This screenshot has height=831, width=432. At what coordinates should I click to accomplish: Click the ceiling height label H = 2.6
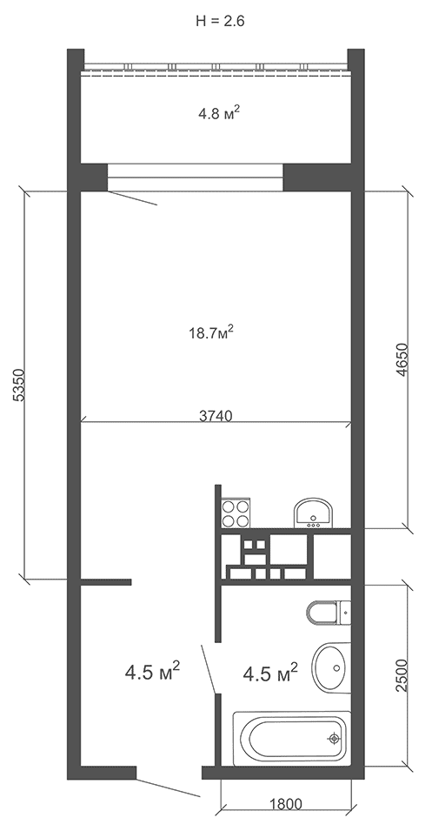[220, 21]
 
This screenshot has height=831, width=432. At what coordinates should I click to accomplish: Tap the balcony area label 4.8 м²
[220, 113]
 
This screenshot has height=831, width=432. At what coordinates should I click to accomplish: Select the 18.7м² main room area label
[212, 332]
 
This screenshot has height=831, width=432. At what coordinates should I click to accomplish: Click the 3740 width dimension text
[216, 416]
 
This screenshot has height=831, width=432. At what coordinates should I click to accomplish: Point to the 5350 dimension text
[18, 385]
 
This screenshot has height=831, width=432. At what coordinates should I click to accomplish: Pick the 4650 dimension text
[402, 360]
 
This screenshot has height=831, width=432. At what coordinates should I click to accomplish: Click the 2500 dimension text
[402, 675]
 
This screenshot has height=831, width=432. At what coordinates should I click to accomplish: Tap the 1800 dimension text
[286, 804]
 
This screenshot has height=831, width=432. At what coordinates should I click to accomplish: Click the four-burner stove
[236, 513]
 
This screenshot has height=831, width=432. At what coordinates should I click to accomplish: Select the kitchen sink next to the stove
[313, 513]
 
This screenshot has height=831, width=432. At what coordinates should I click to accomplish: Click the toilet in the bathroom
[329, 613]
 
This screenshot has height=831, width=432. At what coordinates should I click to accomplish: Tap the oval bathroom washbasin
[331, 667]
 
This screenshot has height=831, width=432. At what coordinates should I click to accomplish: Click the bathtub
[292, 738]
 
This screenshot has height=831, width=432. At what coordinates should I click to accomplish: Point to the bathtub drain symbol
[334, 738]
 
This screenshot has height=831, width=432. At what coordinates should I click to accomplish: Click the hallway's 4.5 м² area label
[152, 672]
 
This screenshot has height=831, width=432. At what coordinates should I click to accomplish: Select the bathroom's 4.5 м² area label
[270, 674]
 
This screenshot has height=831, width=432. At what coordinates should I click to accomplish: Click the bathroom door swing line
[208, 669]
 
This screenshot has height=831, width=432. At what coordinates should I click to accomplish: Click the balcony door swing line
[132, 198]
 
